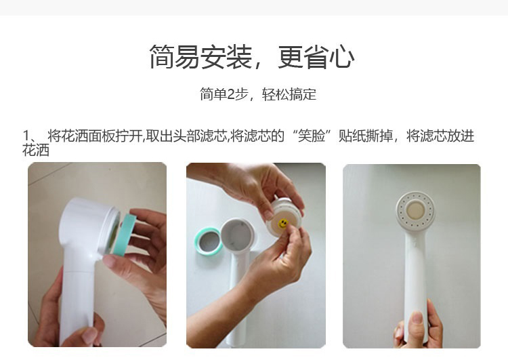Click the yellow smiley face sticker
click(283, 223)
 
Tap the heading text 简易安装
click(200, 57)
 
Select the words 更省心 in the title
click(316, 57)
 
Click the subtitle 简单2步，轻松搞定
click(258, 94)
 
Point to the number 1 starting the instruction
click(26, 136)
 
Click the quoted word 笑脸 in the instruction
click(312, 136)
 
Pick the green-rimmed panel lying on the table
click(209, 241)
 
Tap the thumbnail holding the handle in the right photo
click(417, 319)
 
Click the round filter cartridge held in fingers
click(284, 217)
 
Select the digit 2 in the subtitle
click(230, 94)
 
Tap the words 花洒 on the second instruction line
click(36, 150)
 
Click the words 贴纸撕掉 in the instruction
click(366, 136)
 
